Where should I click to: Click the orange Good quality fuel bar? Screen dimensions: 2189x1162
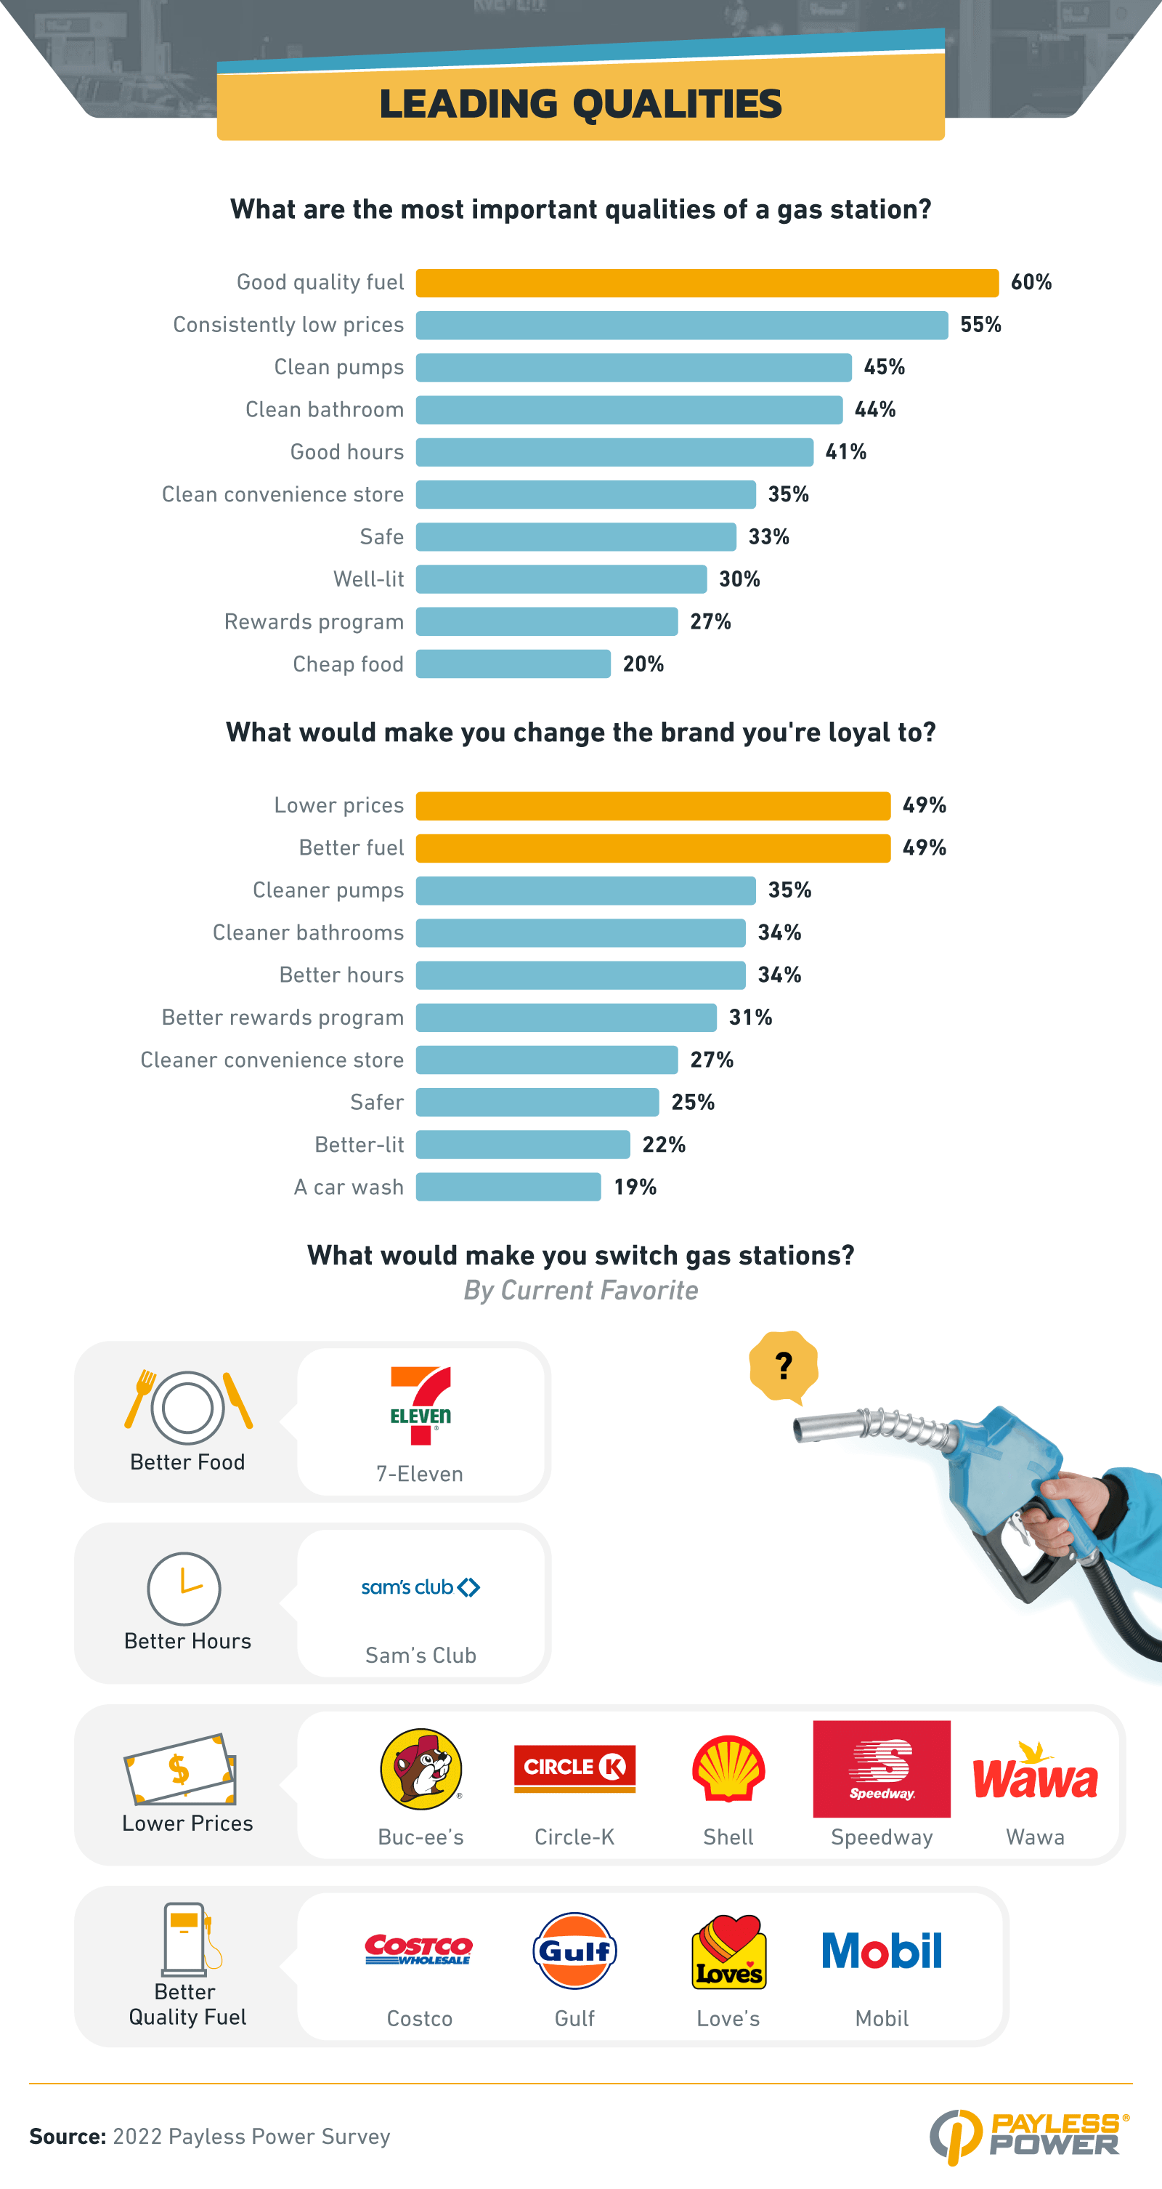(707, 283)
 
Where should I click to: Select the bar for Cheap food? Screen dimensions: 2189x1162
(513, 664)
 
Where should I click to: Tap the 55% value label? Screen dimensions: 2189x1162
(980, 326)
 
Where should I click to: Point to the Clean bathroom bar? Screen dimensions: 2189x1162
(628, 411)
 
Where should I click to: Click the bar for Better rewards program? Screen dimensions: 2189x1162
(566, 1018)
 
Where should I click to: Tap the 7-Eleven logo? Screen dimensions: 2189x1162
(420, 1406)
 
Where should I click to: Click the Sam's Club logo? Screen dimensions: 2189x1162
(420, 1587)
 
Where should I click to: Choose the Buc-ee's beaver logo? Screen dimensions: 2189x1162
(421, 1769)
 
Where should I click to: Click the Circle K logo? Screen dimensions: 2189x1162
(574, 1767)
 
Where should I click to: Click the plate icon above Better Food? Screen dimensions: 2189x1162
(187, 1408)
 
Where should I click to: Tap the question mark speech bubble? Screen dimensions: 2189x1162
(783, 1366)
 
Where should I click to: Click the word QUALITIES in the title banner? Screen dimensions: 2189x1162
(676, 105)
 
